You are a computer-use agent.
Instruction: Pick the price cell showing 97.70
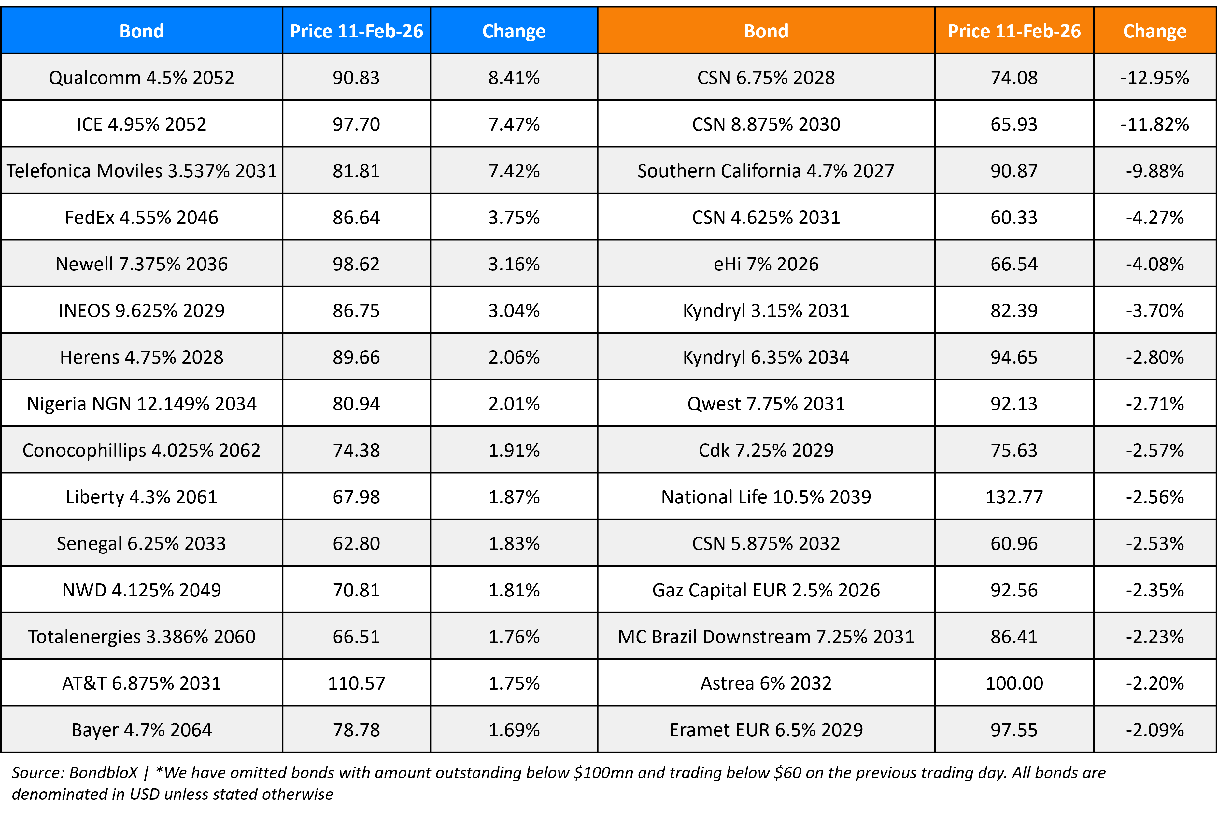point(356,124)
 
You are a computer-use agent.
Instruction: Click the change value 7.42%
point(514,171)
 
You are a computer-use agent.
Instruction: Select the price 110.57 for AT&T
point(356,683)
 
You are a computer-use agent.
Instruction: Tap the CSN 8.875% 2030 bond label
point(765,124)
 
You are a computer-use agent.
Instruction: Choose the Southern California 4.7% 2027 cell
point(765,171)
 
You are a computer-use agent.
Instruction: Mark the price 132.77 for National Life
point(1013,497)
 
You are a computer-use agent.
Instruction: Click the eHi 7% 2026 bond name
point(765,264)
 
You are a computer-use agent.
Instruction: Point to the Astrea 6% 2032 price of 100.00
point(1013,683)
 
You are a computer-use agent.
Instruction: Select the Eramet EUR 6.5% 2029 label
point(765,730)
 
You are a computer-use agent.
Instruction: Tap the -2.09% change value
point(1154,730)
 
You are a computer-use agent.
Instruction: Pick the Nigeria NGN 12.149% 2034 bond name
point(141,404)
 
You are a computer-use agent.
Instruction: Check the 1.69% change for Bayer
point(514,730)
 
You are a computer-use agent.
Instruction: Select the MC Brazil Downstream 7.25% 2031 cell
point(765,637)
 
